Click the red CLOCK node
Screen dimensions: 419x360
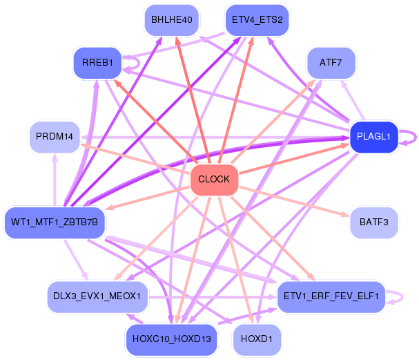[214, 180]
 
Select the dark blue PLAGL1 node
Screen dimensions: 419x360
[374, 137]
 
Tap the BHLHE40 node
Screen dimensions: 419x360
[172, 20]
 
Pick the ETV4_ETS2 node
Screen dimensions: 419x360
[257, 20]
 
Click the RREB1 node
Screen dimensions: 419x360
[97, 63]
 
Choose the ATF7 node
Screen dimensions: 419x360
[331, 63]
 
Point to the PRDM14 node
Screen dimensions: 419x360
[55, 137]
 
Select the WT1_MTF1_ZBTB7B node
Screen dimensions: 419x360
[55, 222]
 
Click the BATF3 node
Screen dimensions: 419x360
[374, 222]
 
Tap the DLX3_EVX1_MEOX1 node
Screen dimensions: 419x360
[97, 296]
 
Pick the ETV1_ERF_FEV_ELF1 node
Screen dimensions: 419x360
[331, 296]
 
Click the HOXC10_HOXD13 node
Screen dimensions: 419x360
[172, 340]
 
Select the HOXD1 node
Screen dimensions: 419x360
[257, 340]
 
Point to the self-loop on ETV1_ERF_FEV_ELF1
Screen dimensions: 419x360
[402, 297]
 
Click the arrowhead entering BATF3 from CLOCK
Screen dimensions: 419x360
[346, 214]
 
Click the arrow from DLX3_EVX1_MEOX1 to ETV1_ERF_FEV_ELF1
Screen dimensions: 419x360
[213, 297]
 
